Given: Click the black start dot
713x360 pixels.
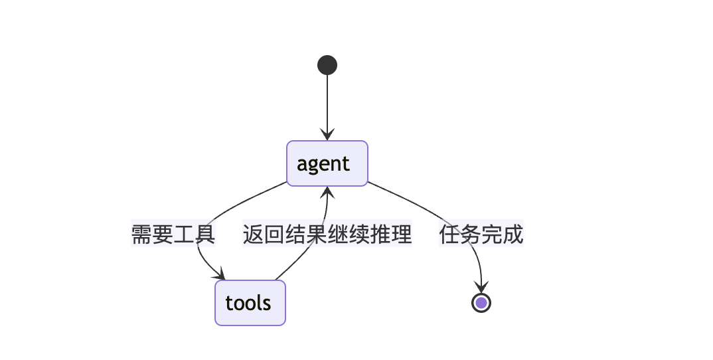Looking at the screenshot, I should point(327,65).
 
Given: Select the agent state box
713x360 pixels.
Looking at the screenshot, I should point(327,163).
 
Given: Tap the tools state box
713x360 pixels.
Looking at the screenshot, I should point(250,303).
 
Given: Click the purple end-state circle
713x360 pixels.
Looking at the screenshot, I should point(481,303).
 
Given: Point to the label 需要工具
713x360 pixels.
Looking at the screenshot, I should point(173,234).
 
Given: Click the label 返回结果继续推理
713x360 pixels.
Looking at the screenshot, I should point(327,234).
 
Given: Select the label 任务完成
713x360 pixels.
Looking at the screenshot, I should point(481,234).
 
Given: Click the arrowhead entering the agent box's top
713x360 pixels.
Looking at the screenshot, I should point(327,135).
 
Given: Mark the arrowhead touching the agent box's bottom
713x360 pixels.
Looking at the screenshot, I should point(327,193).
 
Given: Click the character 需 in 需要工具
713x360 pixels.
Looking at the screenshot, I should point(141,234).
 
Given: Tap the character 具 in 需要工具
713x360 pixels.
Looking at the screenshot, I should point(205,234).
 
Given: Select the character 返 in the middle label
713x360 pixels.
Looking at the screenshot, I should point(253,234).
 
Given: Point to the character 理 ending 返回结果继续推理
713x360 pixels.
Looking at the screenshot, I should point(402,234).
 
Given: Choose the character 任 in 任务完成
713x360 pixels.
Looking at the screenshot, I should point(449,234).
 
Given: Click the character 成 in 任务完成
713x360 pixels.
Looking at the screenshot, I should point(513,234).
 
